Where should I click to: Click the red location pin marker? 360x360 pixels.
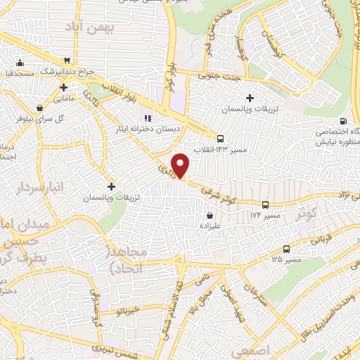[181, 165]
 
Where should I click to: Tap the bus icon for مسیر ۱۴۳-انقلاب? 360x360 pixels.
[221, 139]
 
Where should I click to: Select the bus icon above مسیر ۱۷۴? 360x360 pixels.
[264, 205]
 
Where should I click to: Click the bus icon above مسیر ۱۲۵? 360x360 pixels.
[286, 249]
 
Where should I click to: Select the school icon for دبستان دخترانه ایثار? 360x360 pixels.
[148, 117]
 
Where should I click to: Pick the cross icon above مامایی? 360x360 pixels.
[63, 89]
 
